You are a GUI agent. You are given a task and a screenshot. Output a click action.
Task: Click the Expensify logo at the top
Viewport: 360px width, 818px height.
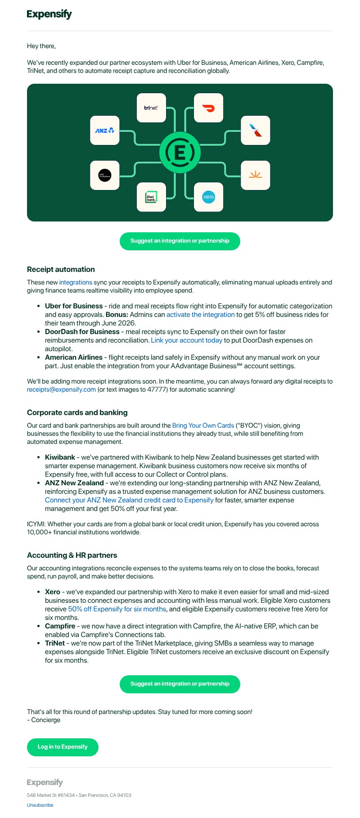49,14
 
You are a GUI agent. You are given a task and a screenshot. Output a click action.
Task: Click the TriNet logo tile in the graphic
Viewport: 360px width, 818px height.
151,108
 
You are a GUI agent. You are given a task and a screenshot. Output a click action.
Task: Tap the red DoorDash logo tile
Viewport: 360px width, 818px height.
208,108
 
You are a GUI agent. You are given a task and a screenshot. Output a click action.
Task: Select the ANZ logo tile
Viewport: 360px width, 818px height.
105,131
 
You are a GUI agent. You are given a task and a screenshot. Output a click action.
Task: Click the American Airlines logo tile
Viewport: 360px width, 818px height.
255,131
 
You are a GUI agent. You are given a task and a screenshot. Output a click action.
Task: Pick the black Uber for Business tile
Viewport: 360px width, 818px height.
105,175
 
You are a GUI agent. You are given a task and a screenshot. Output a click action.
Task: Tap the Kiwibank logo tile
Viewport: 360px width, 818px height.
151,197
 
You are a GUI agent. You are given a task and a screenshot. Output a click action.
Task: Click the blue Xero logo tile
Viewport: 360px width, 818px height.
208,197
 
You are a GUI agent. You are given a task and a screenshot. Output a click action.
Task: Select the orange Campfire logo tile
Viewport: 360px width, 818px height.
255,175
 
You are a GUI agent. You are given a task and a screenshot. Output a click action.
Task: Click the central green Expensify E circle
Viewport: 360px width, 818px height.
180,153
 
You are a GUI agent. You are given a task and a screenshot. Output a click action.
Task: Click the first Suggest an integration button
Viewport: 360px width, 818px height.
180,241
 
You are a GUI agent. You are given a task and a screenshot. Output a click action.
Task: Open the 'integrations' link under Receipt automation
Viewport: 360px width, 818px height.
76,282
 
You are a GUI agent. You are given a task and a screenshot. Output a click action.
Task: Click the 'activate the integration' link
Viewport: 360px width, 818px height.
201,315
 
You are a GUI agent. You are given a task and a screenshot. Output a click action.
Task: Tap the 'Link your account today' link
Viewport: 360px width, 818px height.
187,340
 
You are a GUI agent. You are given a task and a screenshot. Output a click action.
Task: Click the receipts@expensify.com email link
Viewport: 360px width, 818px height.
61,389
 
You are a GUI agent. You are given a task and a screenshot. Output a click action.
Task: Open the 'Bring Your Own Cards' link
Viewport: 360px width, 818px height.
203,425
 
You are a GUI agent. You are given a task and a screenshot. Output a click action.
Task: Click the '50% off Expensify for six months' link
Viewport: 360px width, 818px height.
117,609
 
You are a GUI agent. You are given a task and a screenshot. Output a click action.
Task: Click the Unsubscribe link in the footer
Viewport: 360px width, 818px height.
40,805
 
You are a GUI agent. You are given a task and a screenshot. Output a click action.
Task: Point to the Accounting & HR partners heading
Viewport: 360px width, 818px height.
72,555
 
